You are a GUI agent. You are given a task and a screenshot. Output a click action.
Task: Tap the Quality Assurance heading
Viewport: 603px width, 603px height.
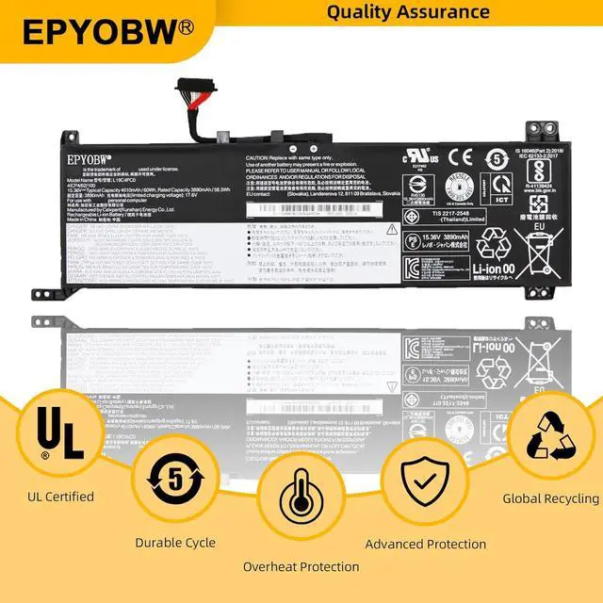click(x=408, y=12)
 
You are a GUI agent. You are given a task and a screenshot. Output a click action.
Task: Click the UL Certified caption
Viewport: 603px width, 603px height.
click(x=61, y=497)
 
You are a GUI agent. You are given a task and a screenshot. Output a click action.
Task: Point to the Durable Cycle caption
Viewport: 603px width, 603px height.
click(x=175, y=543)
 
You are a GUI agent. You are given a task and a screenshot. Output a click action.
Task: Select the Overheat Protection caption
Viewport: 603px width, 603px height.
click(x=301, y=566)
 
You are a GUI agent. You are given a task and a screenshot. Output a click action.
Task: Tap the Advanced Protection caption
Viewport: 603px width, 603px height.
click(x=426, y=544)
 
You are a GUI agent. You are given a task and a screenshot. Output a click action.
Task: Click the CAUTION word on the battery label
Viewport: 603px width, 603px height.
click(x=260, y=159)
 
